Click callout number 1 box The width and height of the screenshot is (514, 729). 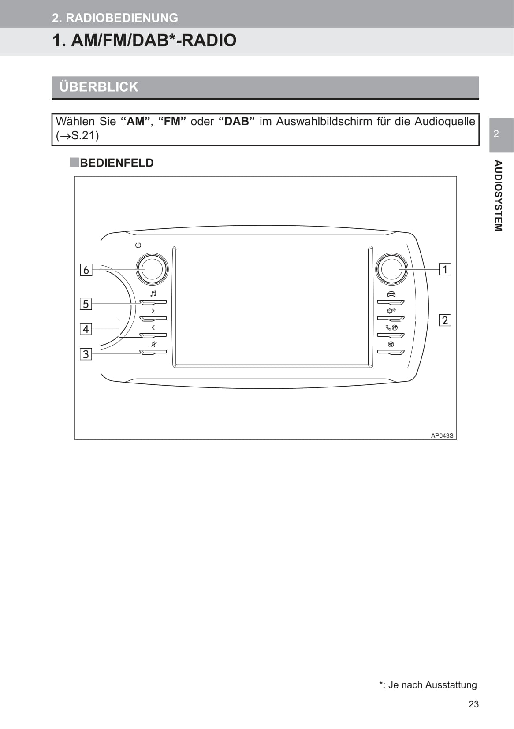445,269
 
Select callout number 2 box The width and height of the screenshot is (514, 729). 445,320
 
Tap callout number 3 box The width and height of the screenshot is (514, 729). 86,354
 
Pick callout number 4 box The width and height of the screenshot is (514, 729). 86,329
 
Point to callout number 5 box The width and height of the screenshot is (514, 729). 86,304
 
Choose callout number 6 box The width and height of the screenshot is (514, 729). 86,270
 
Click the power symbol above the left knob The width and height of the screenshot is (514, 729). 138,245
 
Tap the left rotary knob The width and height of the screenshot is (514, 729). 152,269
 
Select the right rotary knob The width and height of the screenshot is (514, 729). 391,269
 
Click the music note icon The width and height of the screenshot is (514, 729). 153,294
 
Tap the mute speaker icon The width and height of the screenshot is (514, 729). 154,344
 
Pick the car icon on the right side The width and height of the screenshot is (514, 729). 391,294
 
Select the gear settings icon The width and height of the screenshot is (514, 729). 391,310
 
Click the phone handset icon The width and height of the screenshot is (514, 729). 388,327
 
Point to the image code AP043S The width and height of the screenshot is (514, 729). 442,435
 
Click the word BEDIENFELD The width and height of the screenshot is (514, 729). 116,163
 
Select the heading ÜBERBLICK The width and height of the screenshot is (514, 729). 99,87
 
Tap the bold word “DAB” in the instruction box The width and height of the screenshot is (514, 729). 237,121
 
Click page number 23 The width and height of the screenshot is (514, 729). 473,704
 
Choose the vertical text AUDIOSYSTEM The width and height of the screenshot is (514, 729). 498,195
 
